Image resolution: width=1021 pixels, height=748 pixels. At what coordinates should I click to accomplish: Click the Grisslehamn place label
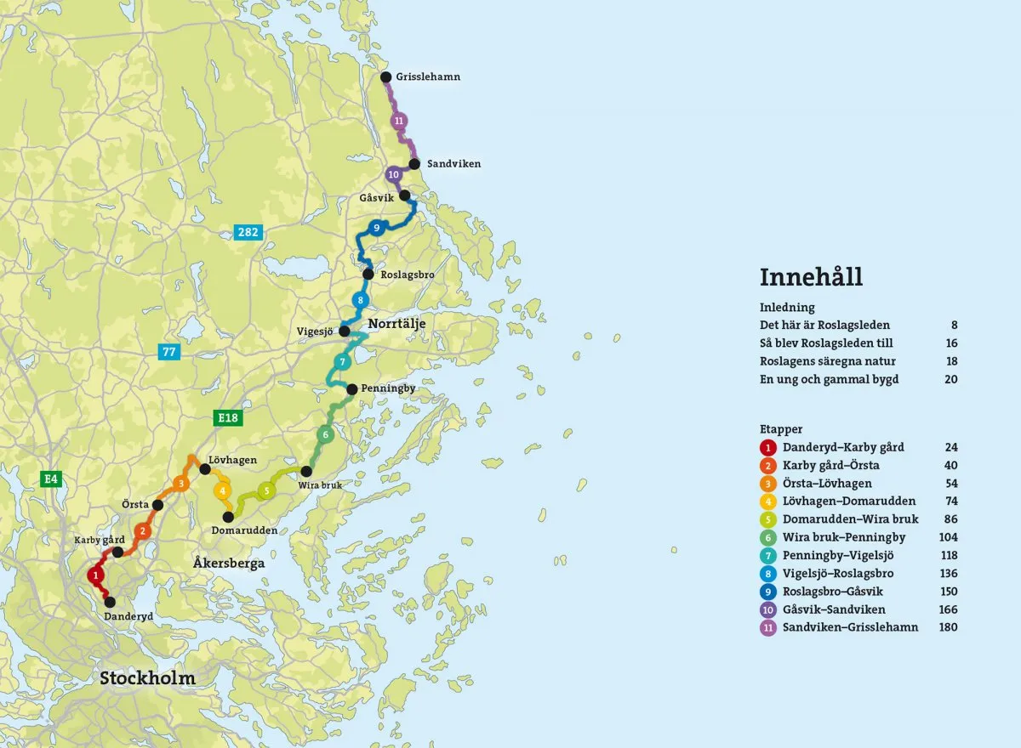pyautogui.click(x=428, y=76)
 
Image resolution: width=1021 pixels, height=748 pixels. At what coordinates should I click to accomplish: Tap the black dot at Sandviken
pyautogui.click(x=414, y=164)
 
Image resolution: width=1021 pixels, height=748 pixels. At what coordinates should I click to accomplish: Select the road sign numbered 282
pyautogui.click(x=248, y=231)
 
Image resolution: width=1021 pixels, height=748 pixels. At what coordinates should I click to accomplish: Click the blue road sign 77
pyautogui.click(x=168, y=350)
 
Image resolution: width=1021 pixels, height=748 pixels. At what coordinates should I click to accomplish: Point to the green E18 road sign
pyautogui.click(x=227, y=417)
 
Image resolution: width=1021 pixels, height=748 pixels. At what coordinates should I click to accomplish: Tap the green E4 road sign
pyautogui.click(x=52, y=479)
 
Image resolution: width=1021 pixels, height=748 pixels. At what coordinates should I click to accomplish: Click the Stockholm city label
pyautogui.click(x=147, y=678)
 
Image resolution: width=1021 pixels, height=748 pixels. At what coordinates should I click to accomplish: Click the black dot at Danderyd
pyautogui.click(x=109, y=602)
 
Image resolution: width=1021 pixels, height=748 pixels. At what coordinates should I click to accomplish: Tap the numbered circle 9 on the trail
pyautogui.click(x=375, y=228)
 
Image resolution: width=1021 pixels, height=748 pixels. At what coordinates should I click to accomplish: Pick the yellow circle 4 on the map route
pyautogui.click(x=222, y=490)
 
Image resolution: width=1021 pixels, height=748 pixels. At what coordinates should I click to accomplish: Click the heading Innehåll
pyautogui.click(x=811, y=277)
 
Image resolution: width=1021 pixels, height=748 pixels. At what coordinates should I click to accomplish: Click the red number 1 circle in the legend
pyautogui.click(x=768, y=448)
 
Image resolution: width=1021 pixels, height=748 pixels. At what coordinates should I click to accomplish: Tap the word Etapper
pyautogui.click(x=781, y=429)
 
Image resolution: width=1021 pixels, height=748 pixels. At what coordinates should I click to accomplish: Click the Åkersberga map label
pyautogui.click(x=229, y=563)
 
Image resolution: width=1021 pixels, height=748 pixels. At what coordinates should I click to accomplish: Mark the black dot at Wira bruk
pyautogui.click(x=306, y=471)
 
